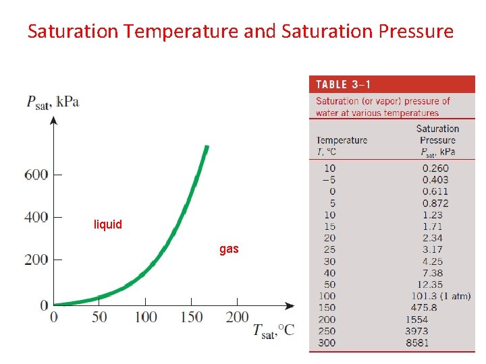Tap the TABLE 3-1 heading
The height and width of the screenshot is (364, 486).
[x=344, y=85]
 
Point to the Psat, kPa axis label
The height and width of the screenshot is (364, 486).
[x=53, y=102]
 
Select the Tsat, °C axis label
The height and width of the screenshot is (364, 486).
[x=273, y=330]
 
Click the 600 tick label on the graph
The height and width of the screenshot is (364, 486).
[x=36, y=175]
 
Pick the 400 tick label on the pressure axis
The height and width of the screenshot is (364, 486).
[x=36, y=218]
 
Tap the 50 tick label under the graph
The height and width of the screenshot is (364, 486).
[x=99, y=317]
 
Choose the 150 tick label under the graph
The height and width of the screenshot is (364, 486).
[x=191, y=317]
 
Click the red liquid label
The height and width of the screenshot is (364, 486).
[x=108, y=224]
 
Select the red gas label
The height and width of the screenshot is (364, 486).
[x=229, y=249]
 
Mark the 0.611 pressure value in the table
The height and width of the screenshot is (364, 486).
[x=435, y=191]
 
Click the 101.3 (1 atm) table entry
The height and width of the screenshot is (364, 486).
[x=441, y=296]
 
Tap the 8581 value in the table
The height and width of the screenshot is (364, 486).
[x=417, y=342]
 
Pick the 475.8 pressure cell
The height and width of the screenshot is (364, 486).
[x=424, y=307]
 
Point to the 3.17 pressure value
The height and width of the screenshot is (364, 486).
[x=433, y=249]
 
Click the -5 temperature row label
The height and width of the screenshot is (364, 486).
[x=329, y=180]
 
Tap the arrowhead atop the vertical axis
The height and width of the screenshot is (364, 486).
[x=54, y=120]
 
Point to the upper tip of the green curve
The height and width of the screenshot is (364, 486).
[x=207, y=147]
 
